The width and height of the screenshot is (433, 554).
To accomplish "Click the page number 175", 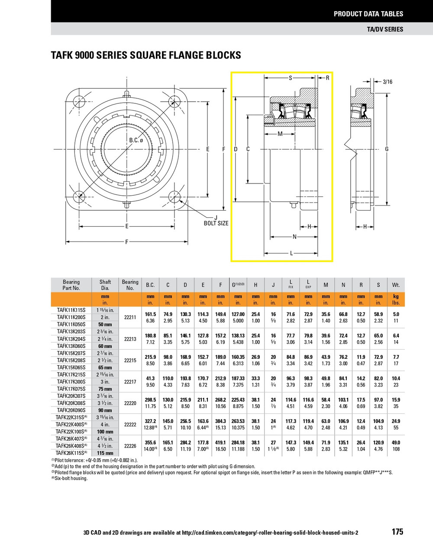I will pos(397,531).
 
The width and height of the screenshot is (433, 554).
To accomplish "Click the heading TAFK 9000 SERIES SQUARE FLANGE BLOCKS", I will pos(146,55).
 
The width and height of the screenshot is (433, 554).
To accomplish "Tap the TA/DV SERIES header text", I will pos(385,29).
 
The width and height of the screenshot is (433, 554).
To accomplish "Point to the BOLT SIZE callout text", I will pos(216,223).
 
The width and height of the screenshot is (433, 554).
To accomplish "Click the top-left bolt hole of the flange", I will pos(79,100).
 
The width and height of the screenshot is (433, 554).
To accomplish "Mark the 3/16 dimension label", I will pos(387,81).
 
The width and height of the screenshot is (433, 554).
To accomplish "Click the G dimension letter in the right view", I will pos(387,149).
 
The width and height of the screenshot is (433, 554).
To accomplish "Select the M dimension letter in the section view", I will pos(280,134).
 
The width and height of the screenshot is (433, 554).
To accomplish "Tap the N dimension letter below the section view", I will pos(294,237).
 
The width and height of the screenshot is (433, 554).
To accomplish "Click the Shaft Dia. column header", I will pos(105,285).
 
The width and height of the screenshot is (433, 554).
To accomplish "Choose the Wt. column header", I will pos(396,285).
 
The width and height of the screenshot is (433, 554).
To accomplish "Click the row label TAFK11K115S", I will pos(71,310).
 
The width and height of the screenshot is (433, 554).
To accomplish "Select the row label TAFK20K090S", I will pos(71,410).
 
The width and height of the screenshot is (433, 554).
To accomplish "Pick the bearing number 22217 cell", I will pos(130,382).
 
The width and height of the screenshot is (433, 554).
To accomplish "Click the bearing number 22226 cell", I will pos(130,446).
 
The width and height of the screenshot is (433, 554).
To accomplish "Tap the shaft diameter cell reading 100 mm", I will pos(105,432).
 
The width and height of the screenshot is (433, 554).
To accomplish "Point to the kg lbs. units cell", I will pos(396,300).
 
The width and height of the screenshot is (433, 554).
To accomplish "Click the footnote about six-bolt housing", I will pos(69,478).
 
